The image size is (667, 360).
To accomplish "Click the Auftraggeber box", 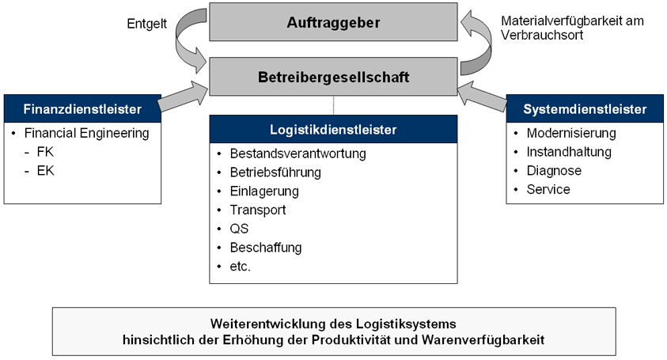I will point(333,22).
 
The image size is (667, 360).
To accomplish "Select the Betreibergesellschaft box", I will point(333,77).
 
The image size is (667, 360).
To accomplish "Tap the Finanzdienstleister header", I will point(83,108).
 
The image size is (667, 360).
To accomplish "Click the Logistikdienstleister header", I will point(333,129).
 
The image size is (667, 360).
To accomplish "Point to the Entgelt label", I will point(147,25).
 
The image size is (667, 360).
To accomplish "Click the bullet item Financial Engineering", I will point(86,133).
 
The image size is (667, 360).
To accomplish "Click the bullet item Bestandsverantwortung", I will point(286,153).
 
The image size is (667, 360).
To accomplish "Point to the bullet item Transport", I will point(257,210).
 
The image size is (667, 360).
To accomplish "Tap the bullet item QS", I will point(239,229).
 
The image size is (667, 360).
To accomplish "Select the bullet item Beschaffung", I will point(265,248).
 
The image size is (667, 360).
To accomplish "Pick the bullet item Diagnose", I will point(554,170).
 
